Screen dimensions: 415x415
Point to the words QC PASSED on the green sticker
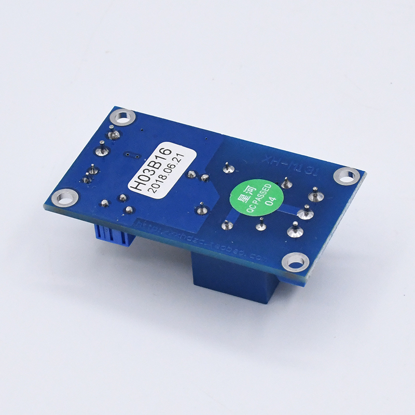pyautogui.click(x=259, y=198)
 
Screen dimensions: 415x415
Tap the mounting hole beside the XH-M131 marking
pyautogui.click(x=349, y=175)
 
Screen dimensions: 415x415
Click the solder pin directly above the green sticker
pyautogui.click(x=227, y=168)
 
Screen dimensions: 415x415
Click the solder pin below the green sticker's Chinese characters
pyautogui.click(x=227, y=225)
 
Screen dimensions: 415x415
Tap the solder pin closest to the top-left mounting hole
pyautogui.click(x=114, y=134)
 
